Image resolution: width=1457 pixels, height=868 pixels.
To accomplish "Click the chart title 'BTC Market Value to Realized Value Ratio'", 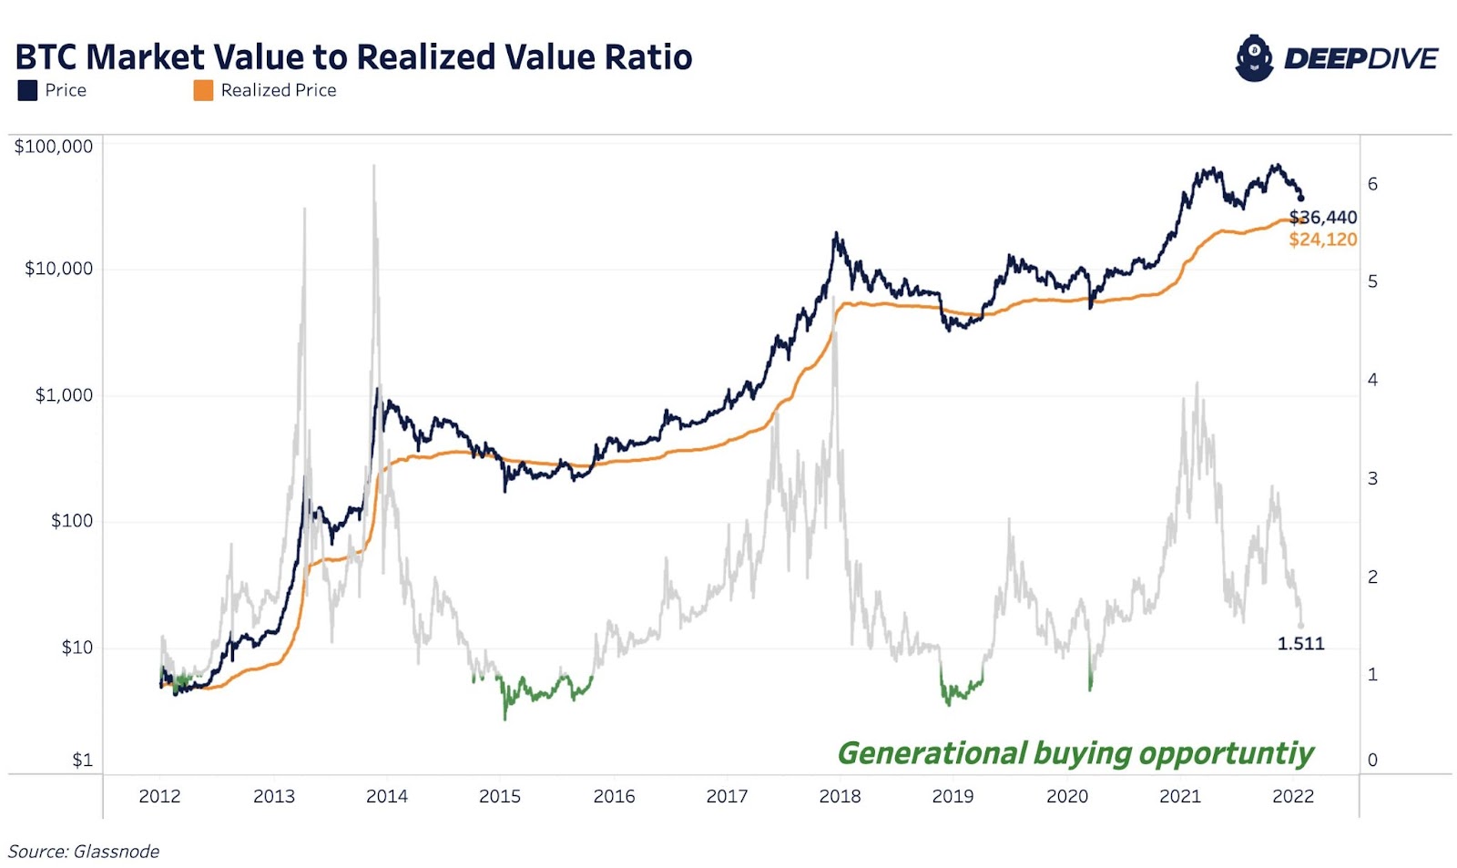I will click(x=353, y=57).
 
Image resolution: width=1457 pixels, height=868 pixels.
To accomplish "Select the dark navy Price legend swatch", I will click(x=27, y=90).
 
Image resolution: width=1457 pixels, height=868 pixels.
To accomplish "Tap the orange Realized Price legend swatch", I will click(x=203, y=90).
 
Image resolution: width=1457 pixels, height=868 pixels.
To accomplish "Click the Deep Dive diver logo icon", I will click(x=1254, y=58).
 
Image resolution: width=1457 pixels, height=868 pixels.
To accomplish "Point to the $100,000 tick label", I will click(x=53, y=147).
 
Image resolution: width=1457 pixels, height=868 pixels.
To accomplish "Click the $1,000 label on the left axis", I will click(x=64, y=395).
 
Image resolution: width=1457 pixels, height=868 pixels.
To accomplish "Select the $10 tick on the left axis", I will click(x=76, y=648).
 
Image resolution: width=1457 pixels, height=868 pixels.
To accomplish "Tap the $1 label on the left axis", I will click(x=82, y=760).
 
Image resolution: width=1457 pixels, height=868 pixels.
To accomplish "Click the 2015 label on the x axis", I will click(x=500, y=797).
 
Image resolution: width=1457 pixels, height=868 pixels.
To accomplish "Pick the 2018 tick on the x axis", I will click(x=840, y=797).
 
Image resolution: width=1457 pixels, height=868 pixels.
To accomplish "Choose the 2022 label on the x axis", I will click(x=1293, y=797).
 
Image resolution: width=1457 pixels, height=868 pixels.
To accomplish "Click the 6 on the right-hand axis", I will click(x=1372, y=184).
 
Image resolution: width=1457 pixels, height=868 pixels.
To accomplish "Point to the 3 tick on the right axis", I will click(x=1372, y=478).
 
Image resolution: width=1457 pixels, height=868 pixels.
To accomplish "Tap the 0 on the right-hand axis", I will click(x=1372, y=760).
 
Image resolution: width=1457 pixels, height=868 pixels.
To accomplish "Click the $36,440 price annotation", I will click(x=1323, y=218).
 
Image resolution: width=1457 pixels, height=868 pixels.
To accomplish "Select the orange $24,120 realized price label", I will click(x=1323, y=240).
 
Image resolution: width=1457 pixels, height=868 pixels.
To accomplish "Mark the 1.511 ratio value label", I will click(x=1300, y=644).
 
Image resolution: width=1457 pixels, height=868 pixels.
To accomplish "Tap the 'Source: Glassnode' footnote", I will click(x=84, y=852).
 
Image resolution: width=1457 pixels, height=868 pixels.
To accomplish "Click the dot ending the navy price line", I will click(x=1300, y=198).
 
